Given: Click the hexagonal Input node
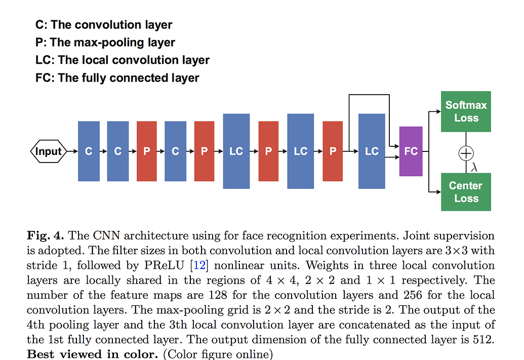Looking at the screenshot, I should click(x=49, y=151).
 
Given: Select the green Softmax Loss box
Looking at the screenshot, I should click(x=466, y=111).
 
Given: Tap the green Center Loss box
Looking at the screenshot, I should click(x=466, y=191).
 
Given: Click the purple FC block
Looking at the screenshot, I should click(x=411, y=151).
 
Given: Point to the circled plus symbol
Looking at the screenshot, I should click(x=466, y=152).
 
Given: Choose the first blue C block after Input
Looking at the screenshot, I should click(x=89, y=151).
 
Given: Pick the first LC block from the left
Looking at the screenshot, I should click(x=236, y=151).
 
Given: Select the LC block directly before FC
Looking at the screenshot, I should click(x=372, y=151).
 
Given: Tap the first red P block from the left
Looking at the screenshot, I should click(x=147, y=151).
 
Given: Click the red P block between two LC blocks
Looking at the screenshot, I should click(x=268, y=151).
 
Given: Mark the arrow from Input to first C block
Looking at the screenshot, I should click(x=71, y=151).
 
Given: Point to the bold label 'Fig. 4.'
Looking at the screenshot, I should click(x=45, y=235).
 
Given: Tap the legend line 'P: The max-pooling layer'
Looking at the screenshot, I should click(x=105, y=43).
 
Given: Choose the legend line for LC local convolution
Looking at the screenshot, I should click(x=123, y=60).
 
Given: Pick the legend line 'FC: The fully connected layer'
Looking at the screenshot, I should click(x=117, y=78).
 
